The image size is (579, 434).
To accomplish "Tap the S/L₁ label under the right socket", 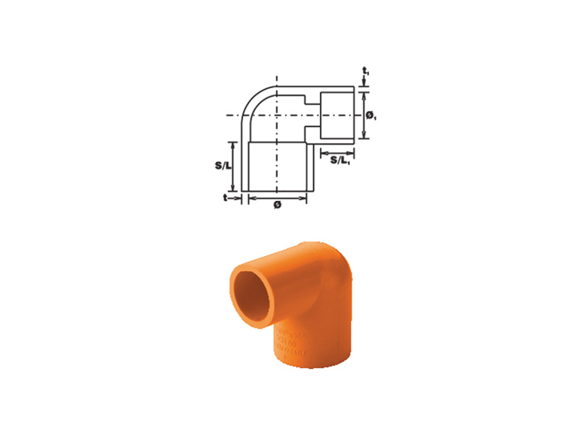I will tap(341, 161).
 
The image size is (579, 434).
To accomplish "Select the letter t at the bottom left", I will tap(226, 197).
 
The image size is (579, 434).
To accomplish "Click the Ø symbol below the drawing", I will tap(277, 205).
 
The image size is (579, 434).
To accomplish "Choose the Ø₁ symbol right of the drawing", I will tap(370, 115).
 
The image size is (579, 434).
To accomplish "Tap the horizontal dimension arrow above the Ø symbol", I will tap(277, 197).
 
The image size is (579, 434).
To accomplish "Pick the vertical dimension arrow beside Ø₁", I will tap(363, 115).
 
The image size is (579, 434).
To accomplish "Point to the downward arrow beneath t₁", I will tap(363, 82).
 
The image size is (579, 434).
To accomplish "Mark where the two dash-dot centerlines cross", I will tap(276, 115).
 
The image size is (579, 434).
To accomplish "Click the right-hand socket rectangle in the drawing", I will tap(336, 115).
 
